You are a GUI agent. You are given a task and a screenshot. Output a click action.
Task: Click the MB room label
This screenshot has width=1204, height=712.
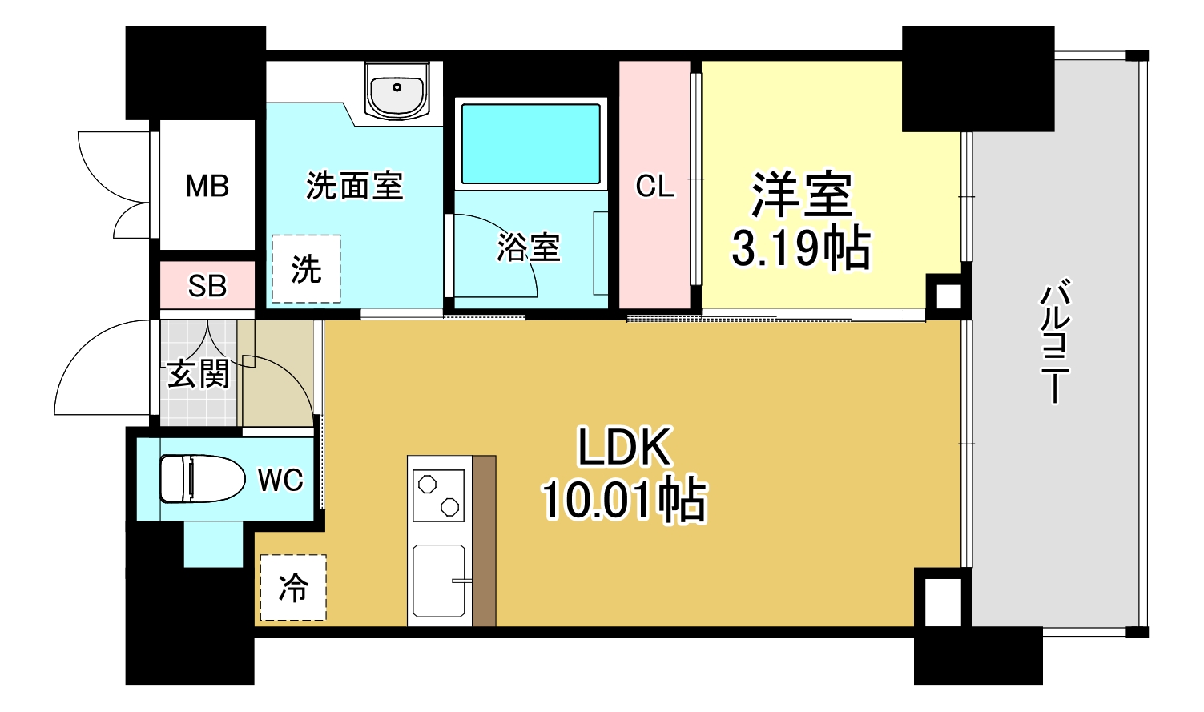point(207,187)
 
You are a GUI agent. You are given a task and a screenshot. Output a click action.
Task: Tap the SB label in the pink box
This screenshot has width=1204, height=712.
point(207,286)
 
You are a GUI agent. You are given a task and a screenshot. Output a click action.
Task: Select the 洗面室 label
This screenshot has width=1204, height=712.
point(354,186)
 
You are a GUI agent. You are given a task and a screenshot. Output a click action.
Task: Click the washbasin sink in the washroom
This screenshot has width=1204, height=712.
point(397,90)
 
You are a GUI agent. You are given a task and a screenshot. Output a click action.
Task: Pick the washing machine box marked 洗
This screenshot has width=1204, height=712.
point(306,269)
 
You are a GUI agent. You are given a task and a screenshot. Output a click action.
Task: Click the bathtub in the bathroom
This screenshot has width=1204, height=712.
point(530,143)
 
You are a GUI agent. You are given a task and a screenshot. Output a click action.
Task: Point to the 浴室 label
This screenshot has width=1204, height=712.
point(528,247)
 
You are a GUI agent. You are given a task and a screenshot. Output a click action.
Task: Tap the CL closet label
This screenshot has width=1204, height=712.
point(654,187)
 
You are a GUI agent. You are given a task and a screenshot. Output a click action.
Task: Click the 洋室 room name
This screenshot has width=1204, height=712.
point(801,195)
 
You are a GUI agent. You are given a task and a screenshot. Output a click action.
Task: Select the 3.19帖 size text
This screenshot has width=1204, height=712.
point(801,248)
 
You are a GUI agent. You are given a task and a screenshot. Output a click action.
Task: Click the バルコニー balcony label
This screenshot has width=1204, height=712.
point(1055,340)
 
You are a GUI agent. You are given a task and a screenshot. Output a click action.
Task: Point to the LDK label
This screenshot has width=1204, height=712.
point(624,447)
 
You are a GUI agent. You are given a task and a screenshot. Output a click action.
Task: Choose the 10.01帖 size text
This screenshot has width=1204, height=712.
point(624,500)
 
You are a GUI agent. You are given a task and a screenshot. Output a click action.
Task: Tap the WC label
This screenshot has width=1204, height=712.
point(280,481)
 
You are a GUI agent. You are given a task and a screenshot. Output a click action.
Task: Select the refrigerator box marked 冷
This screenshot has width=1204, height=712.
point(293,588)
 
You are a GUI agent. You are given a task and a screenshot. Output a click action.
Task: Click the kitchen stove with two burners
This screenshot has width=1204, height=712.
point(438,495)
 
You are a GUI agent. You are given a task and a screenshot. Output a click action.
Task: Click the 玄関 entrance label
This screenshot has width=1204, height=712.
point(198,373)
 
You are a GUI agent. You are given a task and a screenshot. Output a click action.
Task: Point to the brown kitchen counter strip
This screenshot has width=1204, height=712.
point(484,541)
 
